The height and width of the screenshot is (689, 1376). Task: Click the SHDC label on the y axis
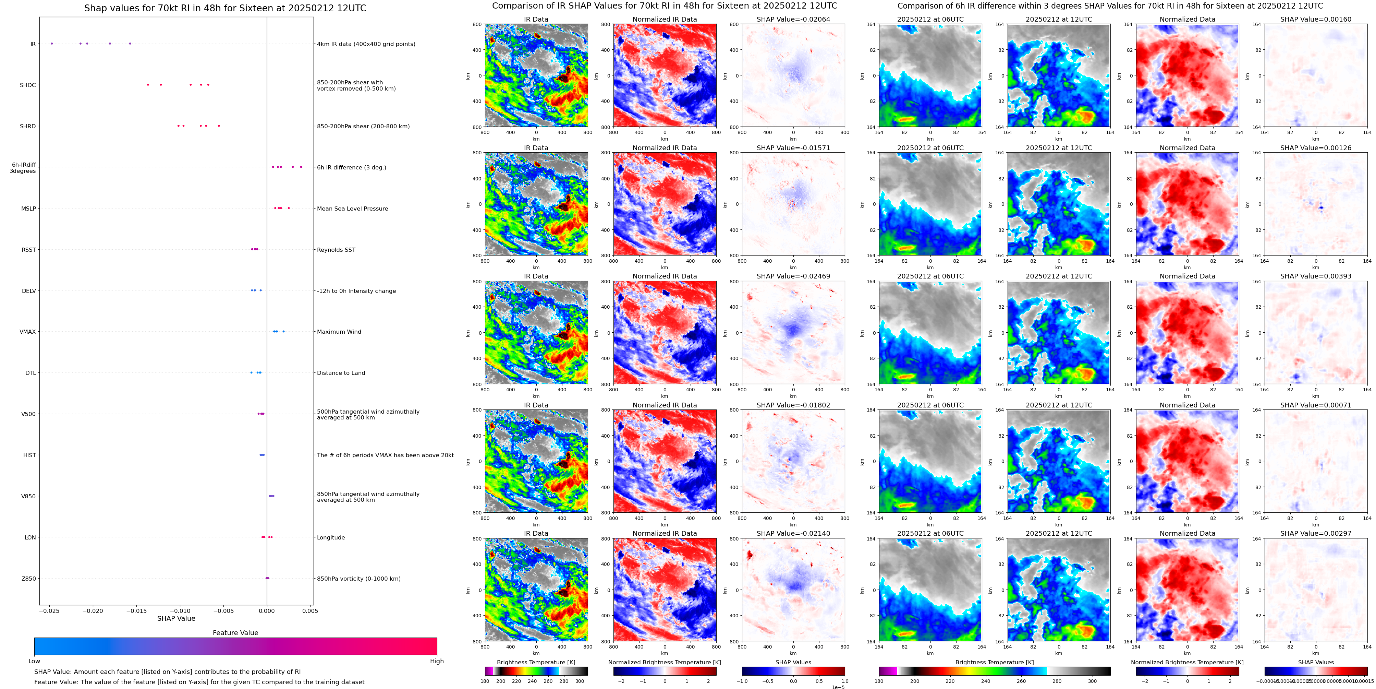(28, 85)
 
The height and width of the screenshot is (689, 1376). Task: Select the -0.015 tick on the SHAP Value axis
(136, 610)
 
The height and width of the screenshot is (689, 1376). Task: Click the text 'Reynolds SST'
(336, 250)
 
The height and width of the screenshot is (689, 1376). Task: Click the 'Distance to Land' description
(341, 373)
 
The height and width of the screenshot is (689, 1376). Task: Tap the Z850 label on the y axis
(29, 578)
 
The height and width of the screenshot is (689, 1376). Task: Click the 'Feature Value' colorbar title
(235, 633)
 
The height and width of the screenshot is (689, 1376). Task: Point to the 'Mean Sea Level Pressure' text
(352, 209)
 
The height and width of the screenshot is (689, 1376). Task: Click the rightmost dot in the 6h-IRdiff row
(301, 167)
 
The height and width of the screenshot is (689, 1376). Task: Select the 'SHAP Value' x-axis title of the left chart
(176, 618)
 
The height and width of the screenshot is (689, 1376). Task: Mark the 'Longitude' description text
(331, 538)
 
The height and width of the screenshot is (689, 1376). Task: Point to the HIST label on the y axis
(29, 455)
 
